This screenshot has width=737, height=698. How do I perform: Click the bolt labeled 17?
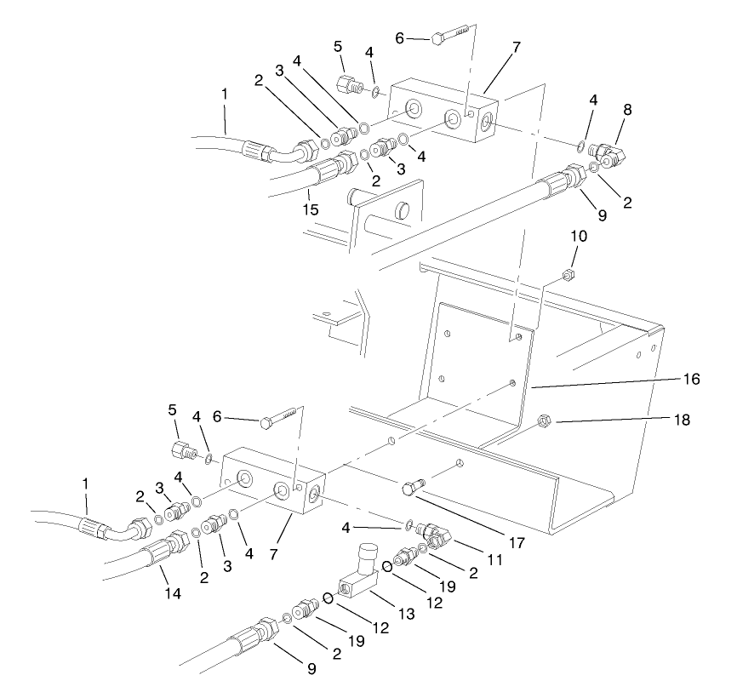coord(412,488)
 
